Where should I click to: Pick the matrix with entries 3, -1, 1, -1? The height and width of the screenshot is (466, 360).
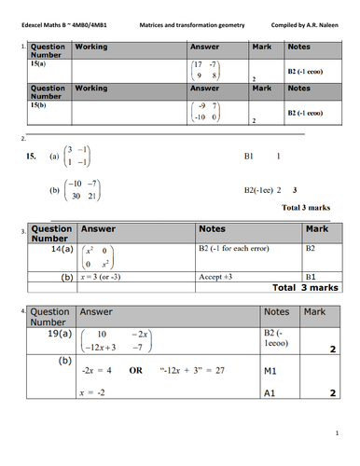[x=78, y=158]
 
